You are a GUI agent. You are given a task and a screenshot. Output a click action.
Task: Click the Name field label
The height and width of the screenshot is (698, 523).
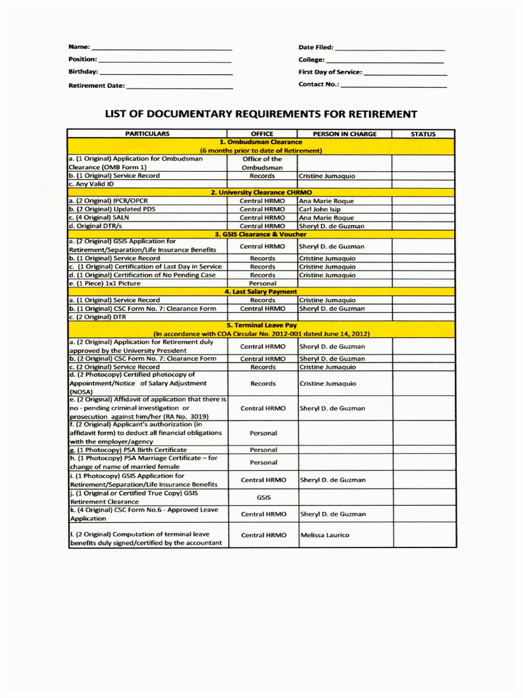click(78, 47)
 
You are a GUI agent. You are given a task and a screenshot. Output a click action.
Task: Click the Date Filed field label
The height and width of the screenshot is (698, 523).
click(316, 47)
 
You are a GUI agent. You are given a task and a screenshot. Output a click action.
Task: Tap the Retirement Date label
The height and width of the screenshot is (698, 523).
click(96, 85)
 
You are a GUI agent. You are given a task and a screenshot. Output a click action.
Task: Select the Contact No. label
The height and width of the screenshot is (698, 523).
click(318, 84)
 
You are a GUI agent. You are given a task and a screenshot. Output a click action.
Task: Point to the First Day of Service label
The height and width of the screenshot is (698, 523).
click(330, 72)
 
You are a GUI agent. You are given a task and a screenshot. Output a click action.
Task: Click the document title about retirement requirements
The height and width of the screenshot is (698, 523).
click(260, 114)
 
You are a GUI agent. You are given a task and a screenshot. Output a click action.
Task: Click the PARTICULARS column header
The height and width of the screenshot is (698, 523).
click(147, 134)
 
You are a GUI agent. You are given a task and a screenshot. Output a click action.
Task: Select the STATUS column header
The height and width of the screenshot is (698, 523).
click(424, 134)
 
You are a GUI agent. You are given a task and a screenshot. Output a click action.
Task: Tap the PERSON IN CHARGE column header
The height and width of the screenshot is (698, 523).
click(344, 134)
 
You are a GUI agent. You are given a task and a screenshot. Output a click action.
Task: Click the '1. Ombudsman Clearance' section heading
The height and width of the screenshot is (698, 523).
click(261, 142)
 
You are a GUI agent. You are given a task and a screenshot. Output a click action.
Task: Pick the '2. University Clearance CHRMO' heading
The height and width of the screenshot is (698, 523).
click(261, 192)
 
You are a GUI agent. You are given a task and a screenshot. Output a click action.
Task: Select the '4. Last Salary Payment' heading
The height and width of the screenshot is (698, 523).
click(261, 292)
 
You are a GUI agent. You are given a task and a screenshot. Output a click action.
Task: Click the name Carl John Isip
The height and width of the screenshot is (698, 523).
click(319, 209)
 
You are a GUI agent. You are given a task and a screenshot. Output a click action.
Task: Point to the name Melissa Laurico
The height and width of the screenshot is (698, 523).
click(324, 535)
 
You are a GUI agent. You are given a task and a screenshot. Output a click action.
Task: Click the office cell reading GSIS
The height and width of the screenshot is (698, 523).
click(262, 498)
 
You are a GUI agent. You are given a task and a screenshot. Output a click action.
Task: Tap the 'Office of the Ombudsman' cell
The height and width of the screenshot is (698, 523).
click(262, 163)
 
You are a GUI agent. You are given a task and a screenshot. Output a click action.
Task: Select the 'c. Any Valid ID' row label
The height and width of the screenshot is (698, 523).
click(91, 184)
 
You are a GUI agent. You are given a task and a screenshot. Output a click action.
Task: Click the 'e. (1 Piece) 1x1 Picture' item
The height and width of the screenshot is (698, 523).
click(105, 283)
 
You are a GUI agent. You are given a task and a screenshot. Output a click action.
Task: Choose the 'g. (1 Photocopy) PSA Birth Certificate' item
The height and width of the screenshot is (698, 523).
click(127, 450)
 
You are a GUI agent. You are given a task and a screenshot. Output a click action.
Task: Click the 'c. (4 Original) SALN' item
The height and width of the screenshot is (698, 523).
click(99, 217)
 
